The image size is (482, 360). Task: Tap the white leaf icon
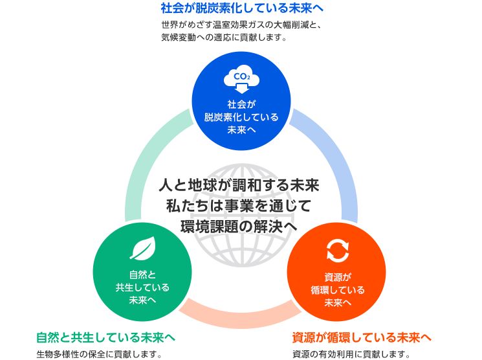click(142, 249)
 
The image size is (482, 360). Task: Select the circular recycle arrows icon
click(337, 251)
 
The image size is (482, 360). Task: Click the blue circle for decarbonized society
click(241, 100)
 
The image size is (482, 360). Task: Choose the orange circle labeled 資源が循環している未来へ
click(337, 271)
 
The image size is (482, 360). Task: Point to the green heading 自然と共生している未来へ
click(106, 337)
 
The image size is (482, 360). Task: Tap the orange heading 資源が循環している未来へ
click(362, 337)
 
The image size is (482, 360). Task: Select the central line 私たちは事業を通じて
click(239, 207)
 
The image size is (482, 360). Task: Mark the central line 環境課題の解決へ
click(239, 227)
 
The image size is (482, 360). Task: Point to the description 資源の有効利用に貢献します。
click(351, 354)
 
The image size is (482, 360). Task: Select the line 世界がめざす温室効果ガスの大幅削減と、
click(241, 25)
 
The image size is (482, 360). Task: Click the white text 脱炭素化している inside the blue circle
click(241, 117)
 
